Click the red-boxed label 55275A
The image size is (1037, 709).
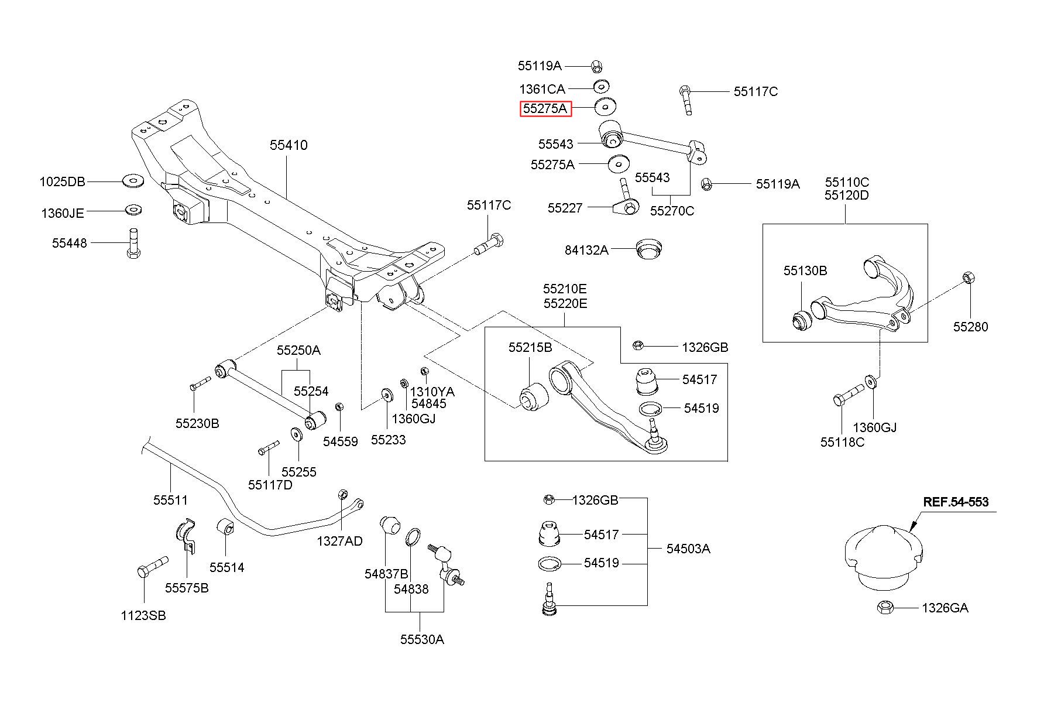(x=545, y=108)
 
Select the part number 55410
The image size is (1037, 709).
(x=289, y=145)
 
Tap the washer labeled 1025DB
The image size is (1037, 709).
(x=132, y=181)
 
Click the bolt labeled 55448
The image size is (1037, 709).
(x=133, y=242)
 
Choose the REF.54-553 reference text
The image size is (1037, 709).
(x=956, y=502)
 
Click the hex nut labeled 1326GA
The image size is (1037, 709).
(x=884, y=607)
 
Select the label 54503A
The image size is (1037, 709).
(x=688, y=549)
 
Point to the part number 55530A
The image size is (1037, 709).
(x=422, y=639)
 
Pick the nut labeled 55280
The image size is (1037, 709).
(x=968, y=278)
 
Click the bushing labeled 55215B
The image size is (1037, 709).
(x=532, y=396)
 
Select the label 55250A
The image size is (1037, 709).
(x=298, y=350)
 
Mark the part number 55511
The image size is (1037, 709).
(x=171, y=499)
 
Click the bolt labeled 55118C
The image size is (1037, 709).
(x=848, y=394)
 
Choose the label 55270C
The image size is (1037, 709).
(x=672, y=211)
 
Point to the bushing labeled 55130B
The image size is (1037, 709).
(x=801, y=320)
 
